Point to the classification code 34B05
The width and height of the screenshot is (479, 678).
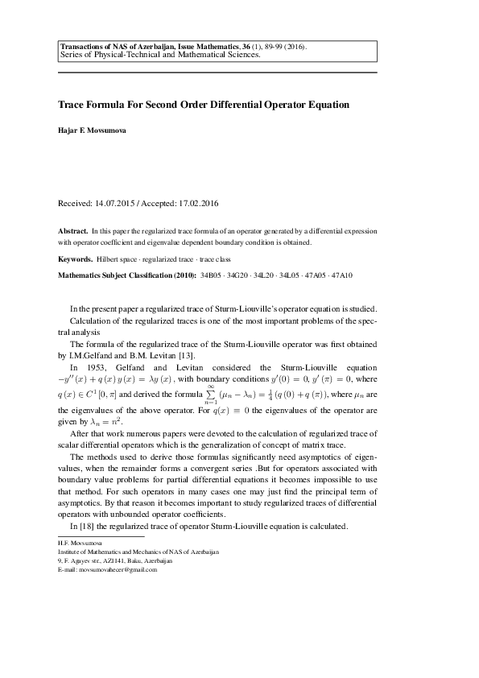[x=213, y=275]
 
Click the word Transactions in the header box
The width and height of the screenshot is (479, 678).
[x=86, y=48]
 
